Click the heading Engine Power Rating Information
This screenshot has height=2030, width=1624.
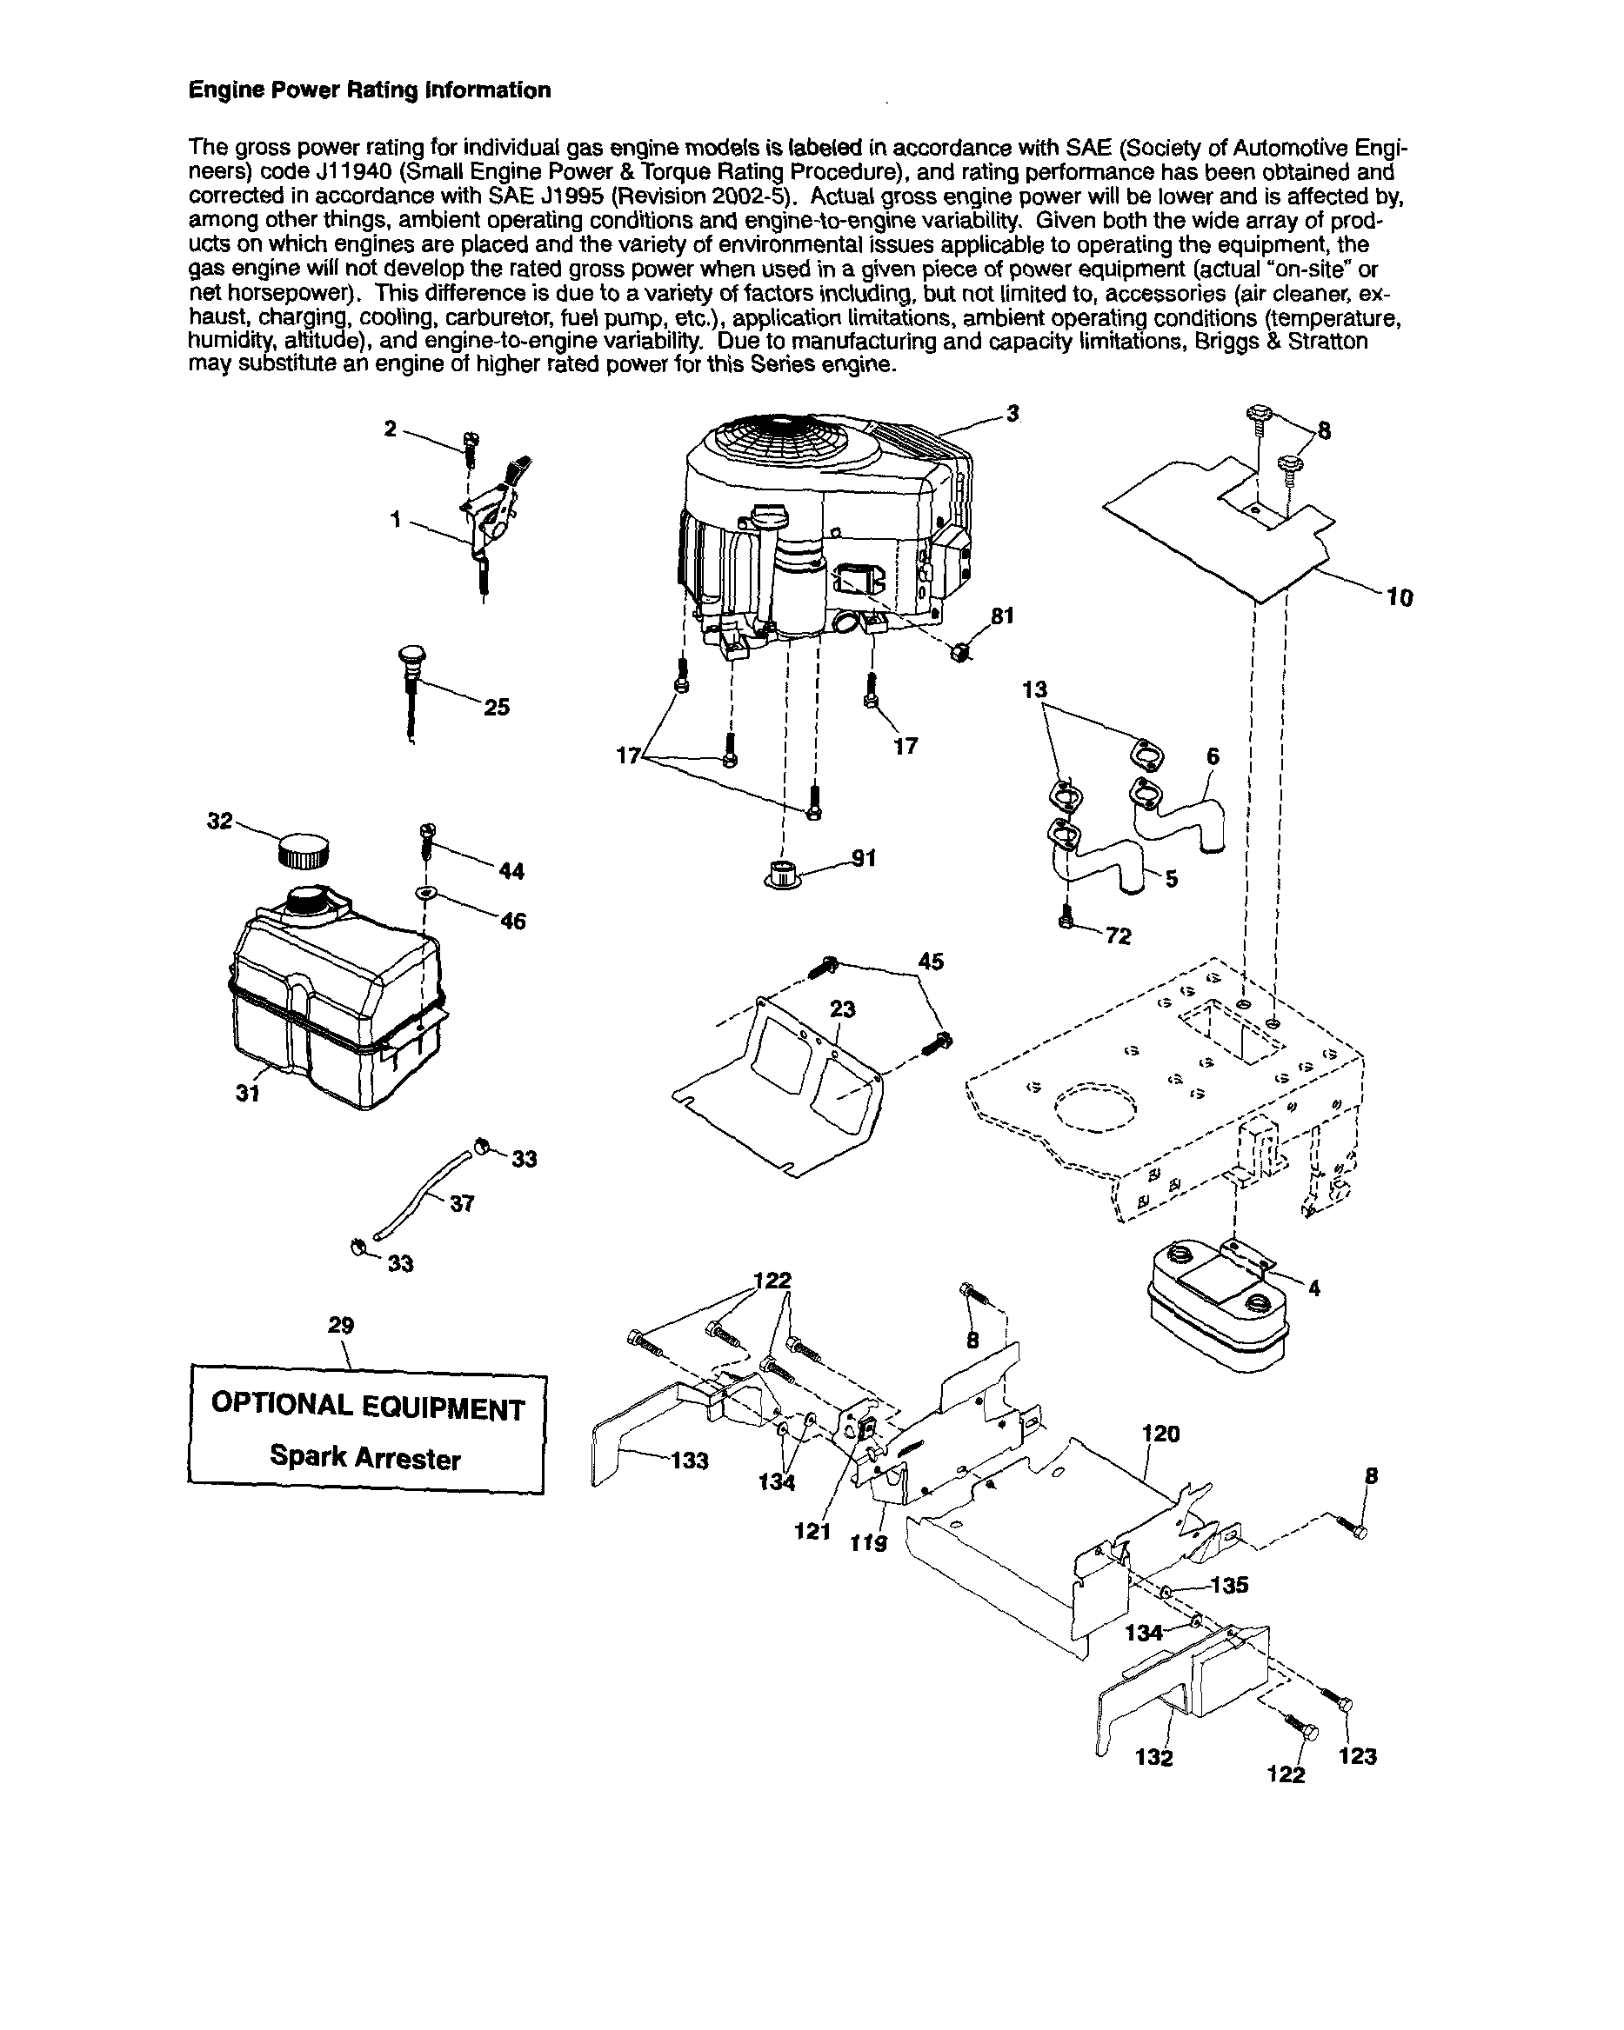click(370, 90)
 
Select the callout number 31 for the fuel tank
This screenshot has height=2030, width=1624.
click(248, 1093)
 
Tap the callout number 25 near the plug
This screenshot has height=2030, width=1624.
click(497, 707)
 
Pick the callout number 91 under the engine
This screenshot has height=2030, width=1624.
click(863, 858)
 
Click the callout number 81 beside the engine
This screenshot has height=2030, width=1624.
click(1002, 616)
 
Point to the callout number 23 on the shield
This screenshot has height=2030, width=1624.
click(842, 1009)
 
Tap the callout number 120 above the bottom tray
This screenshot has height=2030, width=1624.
click(1160, 1433)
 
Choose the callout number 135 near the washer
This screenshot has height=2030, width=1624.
click(1229, 1585)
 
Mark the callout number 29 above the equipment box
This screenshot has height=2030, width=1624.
click(341, 1325)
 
